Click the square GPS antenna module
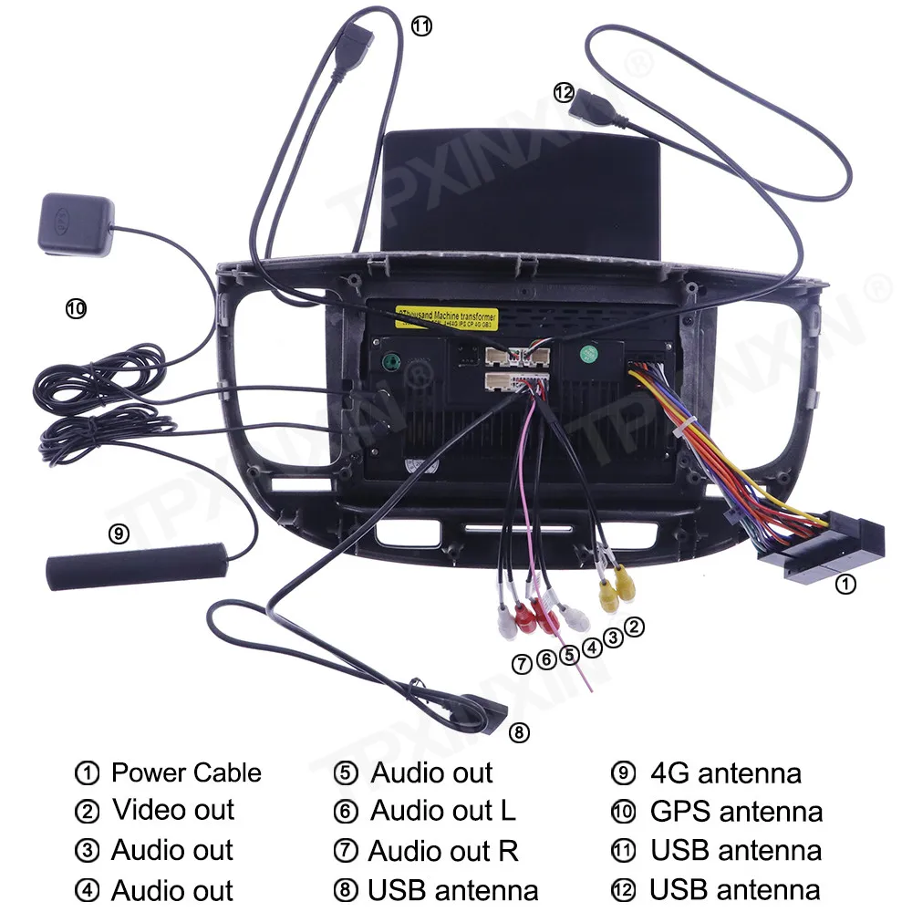78,222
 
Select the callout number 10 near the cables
76,309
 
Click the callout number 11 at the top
420,26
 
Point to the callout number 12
564,92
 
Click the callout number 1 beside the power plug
846,585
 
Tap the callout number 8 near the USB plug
518,731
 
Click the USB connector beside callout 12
595,109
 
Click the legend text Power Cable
185,773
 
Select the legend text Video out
173,810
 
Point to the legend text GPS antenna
736,811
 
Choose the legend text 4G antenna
725,773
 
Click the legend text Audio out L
442,810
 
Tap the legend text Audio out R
443,851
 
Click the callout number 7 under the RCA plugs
522,664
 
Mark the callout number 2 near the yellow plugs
635,627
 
